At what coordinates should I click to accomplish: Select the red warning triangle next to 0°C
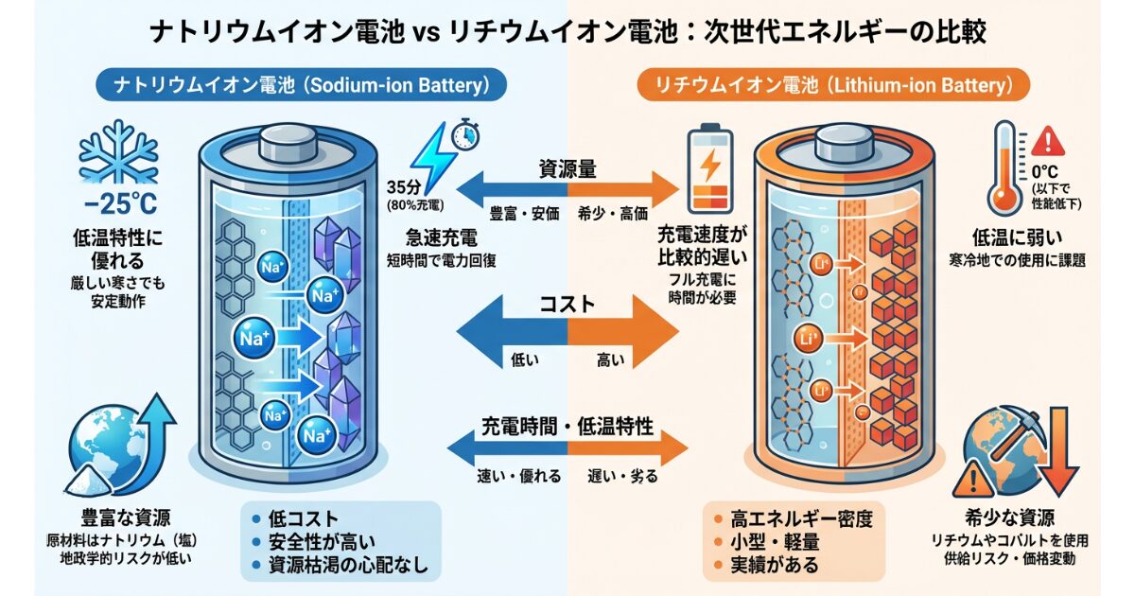tap(1047, 143)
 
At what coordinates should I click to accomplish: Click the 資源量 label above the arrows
tap(567, 168)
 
